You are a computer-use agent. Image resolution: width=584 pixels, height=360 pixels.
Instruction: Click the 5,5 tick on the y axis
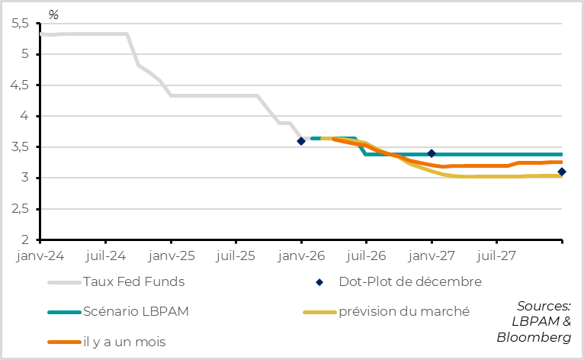click(x=21, y=24)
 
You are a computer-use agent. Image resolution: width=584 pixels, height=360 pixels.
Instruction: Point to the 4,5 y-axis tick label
click(x=21, y=85)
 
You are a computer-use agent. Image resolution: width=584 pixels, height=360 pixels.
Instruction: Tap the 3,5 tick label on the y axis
click(x=21, y=147)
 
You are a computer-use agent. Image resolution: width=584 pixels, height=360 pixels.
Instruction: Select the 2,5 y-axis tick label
click(x=21, y=209)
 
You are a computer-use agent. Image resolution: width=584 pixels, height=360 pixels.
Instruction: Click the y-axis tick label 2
click(x=26, y=239)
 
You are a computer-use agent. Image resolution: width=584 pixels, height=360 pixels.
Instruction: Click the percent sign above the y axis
click(x=53, y=14)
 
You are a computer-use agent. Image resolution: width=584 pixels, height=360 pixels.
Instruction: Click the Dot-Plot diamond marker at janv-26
click(x=301, y=141)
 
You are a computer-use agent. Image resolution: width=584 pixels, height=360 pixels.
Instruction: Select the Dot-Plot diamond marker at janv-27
click(x=432, y=153)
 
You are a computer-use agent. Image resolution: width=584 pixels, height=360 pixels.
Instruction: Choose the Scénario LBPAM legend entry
click(x=143, y=311)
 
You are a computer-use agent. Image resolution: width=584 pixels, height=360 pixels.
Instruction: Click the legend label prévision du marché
click(x=404, y=311)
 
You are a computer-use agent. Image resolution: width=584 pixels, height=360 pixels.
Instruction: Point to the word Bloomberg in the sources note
click(x=534, y=336)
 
